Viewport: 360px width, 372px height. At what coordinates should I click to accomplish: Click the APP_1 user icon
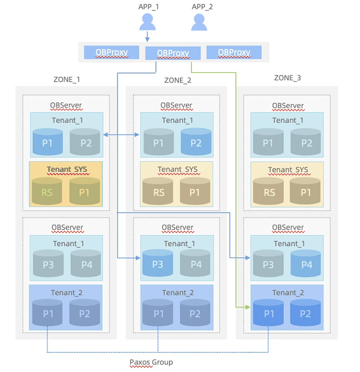point(147,22)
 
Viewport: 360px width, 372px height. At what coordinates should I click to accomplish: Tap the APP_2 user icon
point(199,22)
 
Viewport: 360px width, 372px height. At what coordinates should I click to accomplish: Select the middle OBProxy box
point(173,53)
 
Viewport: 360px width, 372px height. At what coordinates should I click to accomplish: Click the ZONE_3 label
point(287,78)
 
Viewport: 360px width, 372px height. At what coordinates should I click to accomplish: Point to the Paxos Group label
point(151,362)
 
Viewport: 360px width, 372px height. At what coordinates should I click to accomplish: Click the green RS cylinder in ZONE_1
point(47,191)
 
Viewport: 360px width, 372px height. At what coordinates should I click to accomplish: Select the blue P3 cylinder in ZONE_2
point(158,263)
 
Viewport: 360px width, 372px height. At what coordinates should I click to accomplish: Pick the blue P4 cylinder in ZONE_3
point(306,263)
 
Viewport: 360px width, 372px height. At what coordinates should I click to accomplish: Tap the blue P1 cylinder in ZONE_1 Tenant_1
point(47,142)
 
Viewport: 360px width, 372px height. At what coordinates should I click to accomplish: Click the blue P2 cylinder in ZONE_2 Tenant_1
point(196,141)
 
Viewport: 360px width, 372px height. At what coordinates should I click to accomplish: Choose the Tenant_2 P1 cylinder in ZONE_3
point(268,313)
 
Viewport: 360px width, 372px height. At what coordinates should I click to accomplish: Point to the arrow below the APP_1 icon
point(147,37)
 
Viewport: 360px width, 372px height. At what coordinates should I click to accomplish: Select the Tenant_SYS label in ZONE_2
point(177,170)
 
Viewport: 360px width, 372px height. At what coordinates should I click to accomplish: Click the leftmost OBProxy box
point(112,52)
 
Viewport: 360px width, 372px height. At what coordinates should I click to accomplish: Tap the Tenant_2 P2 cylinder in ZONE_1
point(85,313)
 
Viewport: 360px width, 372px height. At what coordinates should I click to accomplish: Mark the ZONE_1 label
point(67,79)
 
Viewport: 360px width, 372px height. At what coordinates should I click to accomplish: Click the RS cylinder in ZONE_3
point(268,191)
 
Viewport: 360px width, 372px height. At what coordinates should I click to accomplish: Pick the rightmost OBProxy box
point(234,52)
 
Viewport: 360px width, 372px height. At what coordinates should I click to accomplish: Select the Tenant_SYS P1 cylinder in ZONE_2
point(195,191)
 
